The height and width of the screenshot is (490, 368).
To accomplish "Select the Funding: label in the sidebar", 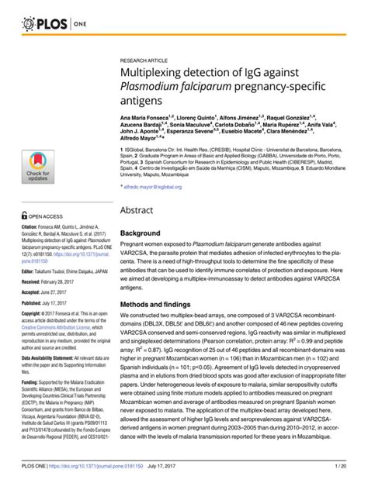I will [x=32, y=382].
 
